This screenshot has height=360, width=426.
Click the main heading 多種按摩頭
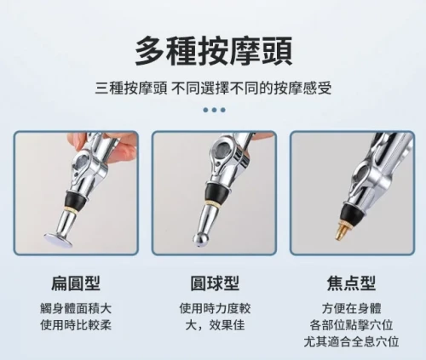[x=214, y=51]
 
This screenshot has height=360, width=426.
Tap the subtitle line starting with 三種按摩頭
[x=214, y=89]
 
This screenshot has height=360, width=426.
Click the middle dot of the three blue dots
[x=215, y=110]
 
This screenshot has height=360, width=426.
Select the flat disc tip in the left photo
[x=58, y=238]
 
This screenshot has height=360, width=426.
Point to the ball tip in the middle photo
[x=200, y=240]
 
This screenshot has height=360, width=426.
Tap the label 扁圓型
[x=76, y=283]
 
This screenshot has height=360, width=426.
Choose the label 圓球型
[x=215, y=283]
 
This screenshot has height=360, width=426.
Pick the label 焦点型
[x=352, y=283]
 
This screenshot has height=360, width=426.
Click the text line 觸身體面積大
[x=76, y=308]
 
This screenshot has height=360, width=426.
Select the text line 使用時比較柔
[x=76, y=325]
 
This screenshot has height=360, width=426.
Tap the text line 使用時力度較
[x=215, y=308]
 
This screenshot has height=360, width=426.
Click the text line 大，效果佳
[x=215, y=325]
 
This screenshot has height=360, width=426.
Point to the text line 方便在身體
[x=352, y=308]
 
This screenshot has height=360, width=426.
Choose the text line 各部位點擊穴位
[x=352, y=325]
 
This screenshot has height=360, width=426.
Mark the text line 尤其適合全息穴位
[x=352, y=341]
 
